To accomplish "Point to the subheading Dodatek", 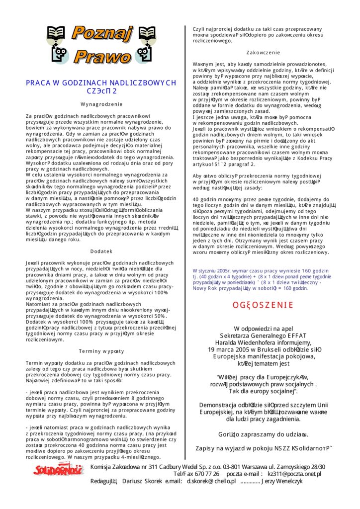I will [102, 252].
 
